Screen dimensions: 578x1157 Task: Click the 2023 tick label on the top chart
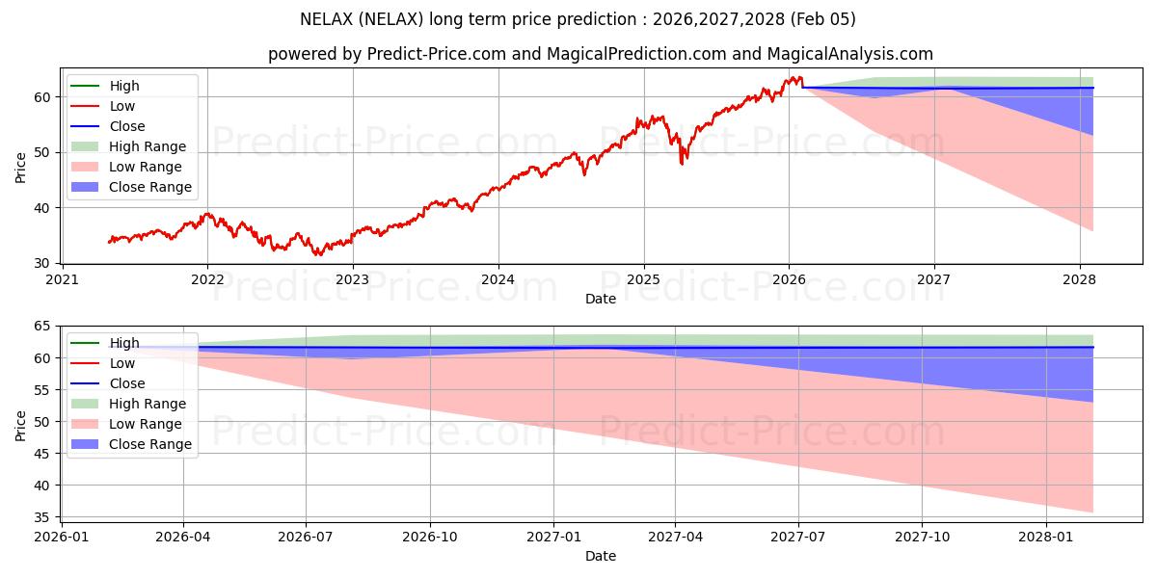[353, 279]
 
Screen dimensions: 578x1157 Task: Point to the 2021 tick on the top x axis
[63, 279]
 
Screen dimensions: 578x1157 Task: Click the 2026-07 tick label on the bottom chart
[306, 536]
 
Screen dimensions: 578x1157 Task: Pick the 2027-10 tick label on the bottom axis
[923, 536]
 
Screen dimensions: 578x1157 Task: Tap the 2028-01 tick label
[1046, 536]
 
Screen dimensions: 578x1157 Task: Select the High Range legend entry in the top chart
[148, 146]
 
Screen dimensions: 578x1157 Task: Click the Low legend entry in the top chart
[122, 106]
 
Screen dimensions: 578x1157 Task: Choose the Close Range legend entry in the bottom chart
[150, 444]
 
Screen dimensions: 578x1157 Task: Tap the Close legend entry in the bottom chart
[127, 383]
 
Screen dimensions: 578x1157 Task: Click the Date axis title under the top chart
[600, 300]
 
